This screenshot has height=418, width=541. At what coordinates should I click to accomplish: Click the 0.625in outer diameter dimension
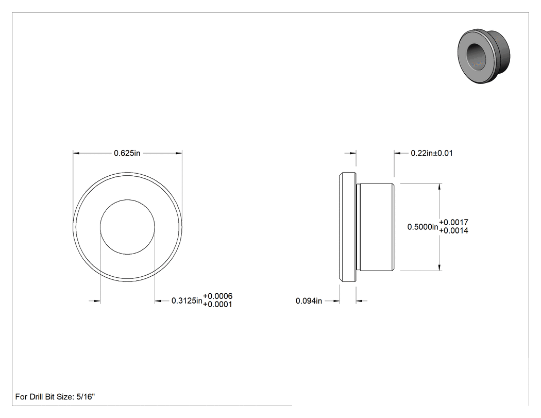point(127,153)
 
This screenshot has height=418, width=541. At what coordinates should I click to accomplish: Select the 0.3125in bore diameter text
point(187,300)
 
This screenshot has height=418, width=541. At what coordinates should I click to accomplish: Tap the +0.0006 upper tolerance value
point(218,296)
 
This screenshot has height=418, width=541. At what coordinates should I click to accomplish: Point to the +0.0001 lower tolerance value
point(218,305)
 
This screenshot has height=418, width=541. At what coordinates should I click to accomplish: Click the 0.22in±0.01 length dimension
point(432,153)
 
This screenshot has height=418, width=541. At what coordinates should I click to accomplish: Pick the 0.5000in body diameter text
point(422,227)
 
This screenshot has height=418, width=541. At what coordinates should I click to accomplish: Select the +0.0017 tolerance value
point(454,222)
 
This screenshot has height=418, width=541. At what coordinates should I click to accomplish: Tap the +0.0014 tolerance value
point(454,230)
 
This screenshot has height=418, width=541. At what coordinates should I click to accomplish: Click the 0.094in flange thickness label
point(309,301)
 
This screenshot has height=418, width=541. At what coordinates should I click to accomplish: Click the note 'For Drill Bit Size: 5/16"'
point(55,397)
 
